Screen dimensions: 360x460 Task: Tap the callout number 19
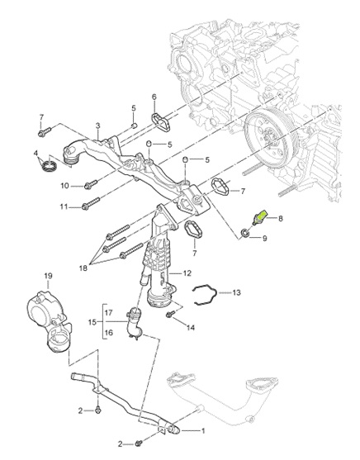pos(48,276)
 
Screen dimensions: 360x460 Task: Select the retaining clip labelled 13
pos(205,294)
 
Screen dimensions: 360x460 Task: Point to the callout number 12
pos(187,273)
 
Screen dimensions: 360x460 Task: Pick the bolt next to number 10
pos(91,184)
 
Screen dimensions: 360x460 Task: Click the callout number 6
pos(154,97)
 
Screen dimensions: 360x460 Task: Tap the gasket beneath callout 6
pos(161,123)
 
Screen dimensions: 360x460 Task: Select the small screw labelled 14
pos(171,314)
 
